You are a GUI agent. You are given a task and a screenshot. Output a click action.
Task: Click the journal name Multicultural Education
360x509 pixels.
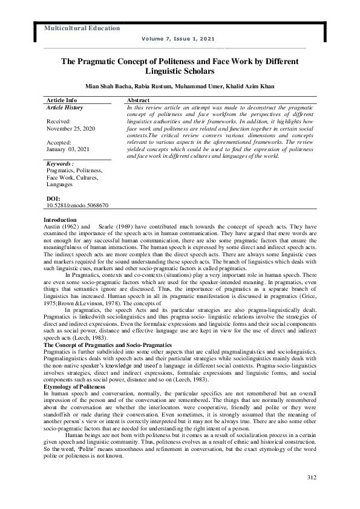click(x=82, y=28)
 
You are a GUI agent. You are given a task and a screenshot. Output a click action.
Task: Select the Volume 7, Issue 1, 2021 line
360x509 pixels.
click(x=178, y=39)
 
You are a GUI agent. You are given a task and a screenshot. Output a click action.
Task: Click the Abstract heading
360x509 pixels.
click(x=139, y=100)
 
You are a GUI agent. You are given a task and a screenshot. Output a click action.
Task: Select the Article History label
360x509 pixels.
click(x=65, y=107)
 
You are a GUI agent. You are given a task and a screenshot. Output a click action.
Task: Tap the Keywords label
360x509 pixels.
click(x=60, y=164)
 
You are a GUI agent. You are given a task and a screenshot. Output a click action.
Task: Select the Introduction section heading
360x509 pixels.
click(x=60, y=219)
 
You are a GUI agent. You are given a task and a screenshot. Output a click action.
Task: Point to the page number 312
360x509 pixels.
click(x=312, y=478)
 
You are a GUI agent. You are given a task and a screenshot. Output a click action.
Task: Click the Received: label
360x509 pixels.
click(x=59, y=122)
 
